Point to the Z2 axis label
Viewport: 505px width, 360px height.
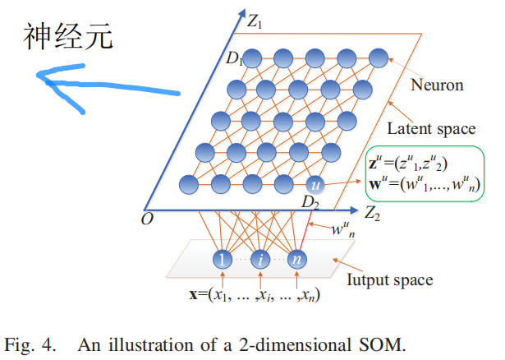372,215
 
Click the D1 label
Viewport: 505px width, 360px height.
235,58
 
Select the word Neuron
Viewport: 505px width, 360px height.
436,85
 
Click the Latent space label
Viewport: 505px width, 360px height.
431,128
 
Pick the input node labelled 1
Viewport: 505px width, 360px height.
222,260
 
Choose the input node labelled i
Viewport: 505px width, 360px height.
260,260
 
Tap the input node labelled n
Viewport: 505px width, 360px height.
296,260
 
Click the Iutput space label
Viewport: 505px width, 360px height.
397,280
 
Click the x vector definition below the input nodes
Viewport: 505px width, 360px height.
255,295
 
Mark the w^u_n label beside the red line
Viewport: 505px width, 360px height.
342,229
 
